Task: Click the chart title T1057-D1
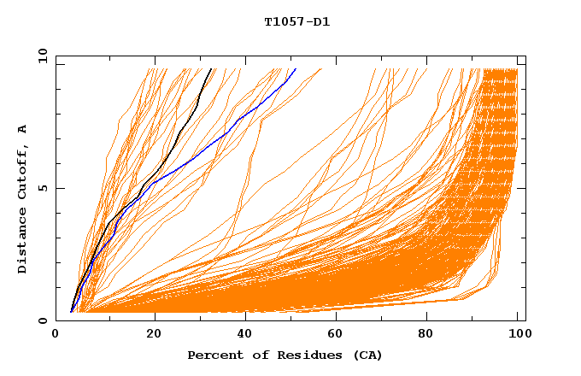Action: [x=296, y=22]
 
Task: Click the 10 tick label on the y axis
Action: [x=42, y=56]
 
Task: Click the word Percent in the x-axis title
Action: [x=212, y=355]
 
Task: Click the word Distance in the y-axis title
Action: [x=23, y=242]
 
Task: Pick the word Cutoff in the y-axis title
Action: [x=23, y=173]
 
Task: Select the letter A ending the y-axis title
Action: [x=23, y=128]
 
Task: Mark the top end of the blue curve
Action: [x=296, y=69]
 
